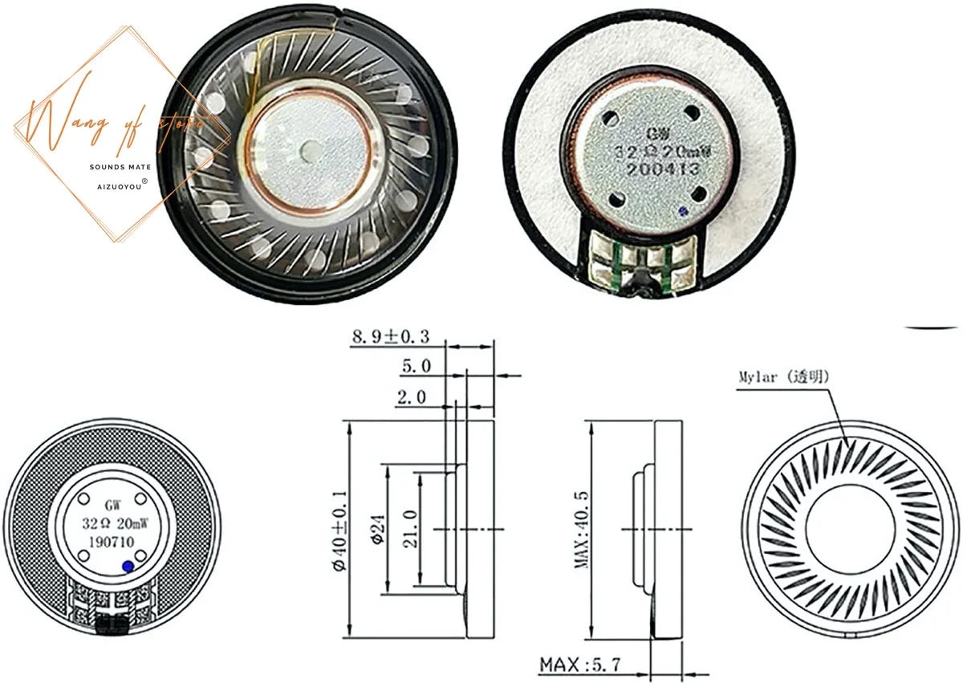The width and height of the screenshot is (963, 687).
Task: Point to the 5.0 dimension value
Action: (x=416, y=366)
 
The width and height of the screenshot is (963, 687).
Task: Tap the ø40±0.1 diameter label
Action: (x=339, y=530)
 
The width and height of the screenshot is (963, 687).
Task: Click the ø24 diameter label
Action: (x=375, y=530)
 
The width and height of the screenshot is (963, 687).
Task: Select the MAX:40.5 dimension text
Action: (x=582, y=530)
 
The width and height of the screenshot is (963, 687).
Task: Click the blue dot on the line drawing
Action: (x=128, y=567)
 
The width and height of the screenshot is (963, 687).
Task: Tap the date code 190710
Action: (x=110, y=542)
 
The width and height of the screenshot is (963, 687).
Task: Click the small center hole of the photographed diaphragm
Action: (x=310, y=148)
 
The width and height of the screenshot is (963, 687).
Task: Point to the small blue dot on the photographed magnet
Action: (x=682, y=212)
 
